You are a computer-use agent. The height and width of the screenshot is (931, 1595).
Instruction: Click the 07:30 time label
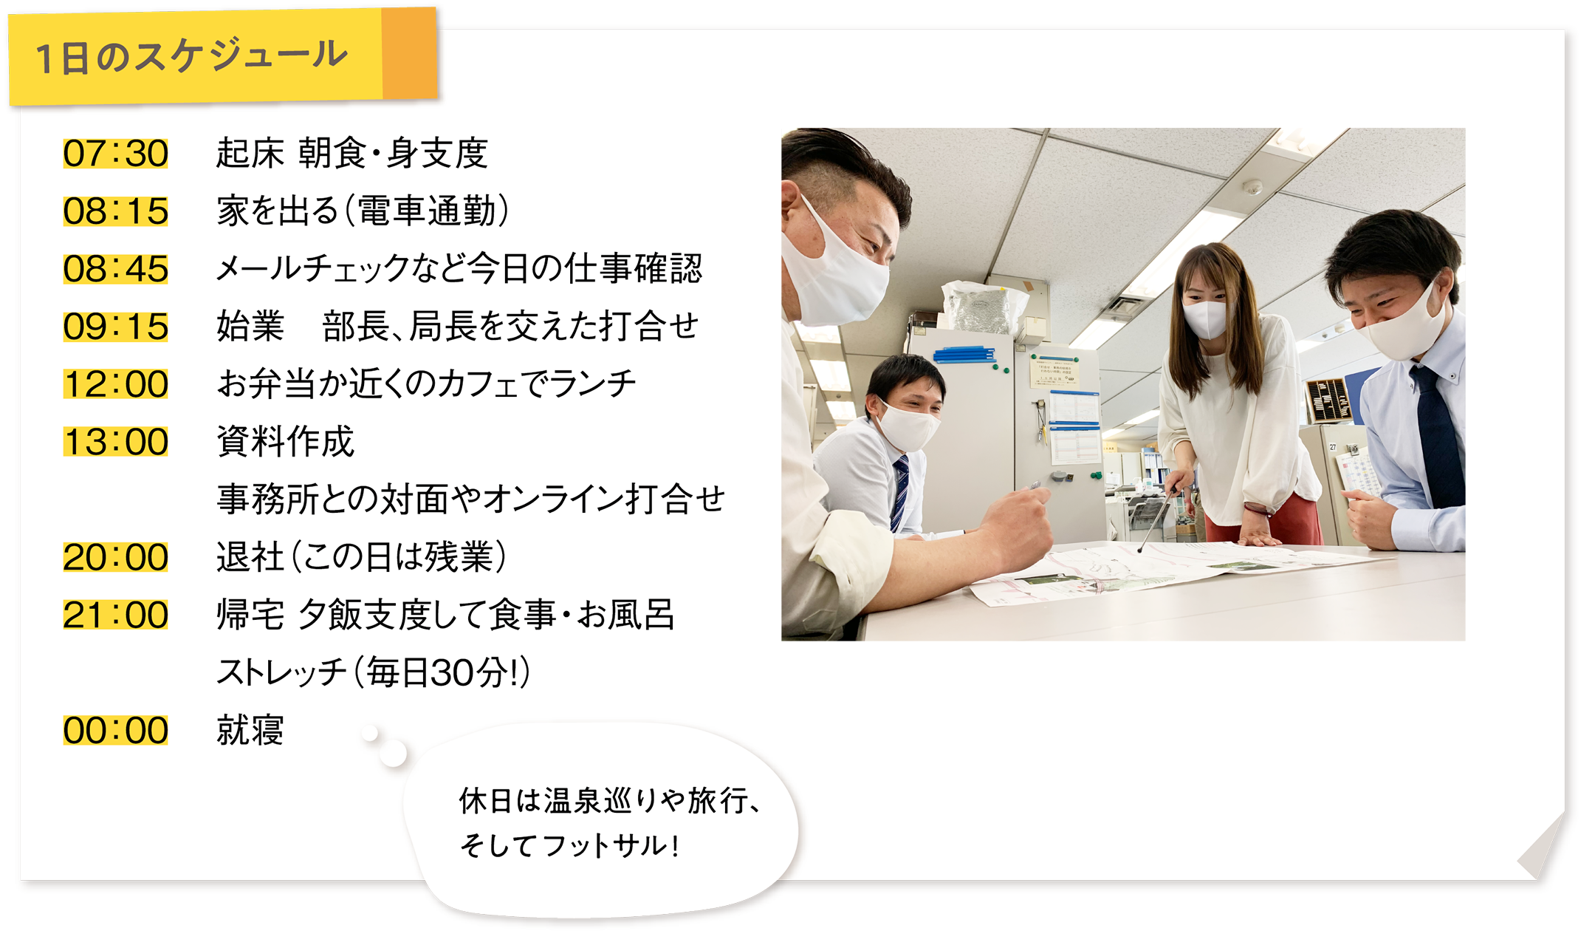(116, 154)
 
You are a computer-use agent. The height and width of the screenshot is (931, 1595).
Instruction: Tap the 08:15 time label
(116, 211)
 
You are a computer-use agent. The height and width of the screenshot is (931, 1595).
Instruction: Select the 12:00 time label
(116, 384)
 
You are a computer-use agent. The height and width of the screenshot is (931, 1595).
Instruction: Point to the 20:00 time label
(116, 557)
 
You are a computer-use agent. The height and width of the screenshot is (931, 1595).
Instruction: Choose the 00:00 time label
(116, 730)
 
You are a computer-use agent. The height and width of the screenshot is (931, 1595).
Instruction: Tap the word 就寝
(250, 730)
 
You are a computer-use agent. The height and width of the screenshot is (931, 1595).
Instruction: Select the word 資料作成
(285, 442)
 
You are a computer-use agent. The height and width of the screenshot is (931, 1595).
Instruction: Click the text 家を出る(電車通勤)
(363, 211)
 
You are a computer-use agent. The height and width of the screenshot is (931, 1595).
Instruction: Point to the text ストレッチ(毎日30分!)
(374, 672)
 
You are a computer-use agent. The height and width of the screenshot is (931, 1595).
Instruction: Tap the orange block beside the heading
(410, 53)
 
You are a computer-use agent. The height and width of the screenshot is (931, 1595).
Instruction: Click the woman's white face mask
(1205, 318)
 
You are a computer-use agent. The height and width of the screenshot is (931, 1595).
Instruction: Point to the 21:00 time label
(116, 615)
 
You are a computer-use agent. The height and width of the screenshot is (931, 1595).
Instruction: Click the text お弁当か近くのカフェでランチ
(426, 384)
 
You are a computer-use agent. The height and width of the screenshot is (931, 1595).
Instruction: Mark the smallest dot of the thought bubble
(369, 733)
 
